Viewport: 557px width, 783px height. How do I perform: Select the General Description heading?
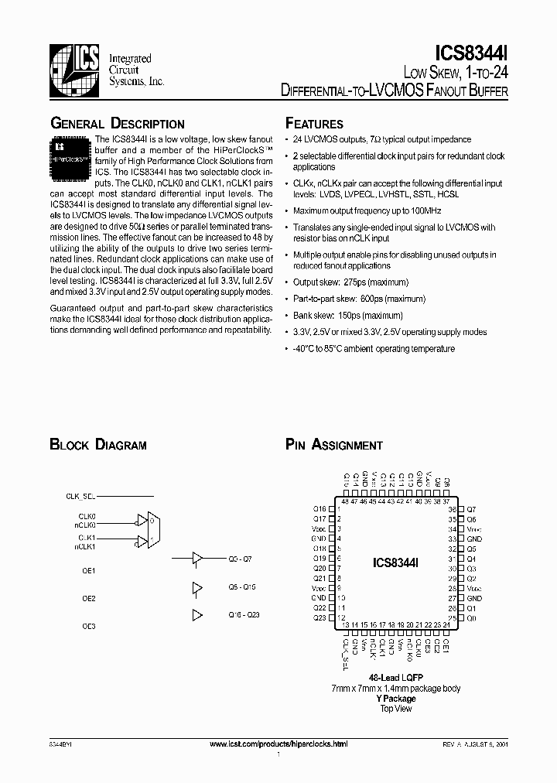[x=117, y=124]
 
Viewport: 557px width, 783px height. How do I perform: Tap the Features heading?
[x=314, y=124]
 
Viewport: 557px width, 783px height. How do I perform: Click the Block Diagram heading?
[x=98, y=445]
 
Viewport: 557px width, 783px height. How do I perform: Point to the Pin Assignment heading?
[x=333, y=445]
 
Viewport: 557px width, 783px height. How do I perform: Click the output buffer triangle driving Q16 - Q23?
[x=196, y=614]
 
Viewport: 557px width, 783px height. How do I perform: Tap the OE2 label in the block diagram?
[x=89, y=598]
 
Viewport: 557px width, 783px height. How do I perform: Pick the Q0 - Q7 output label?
[x=241, y=558]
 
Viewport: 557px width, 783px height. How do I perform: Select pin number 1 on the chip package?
[x=340, y=508]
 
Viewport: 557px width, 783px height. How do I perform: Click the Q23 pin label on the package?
[x=320, y=618]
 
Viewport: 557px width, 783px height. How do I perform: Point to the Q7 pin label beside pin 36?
[x=471, y=508]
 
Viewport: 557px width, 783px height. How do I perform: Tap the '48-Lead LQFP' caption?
[x=395, y=677]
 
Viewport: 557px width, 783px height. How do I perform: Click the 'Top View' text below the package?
[x=395, y=708]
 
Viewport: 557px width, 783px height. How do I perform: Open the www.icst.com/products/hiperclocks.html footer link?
[x=279, y=743]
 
